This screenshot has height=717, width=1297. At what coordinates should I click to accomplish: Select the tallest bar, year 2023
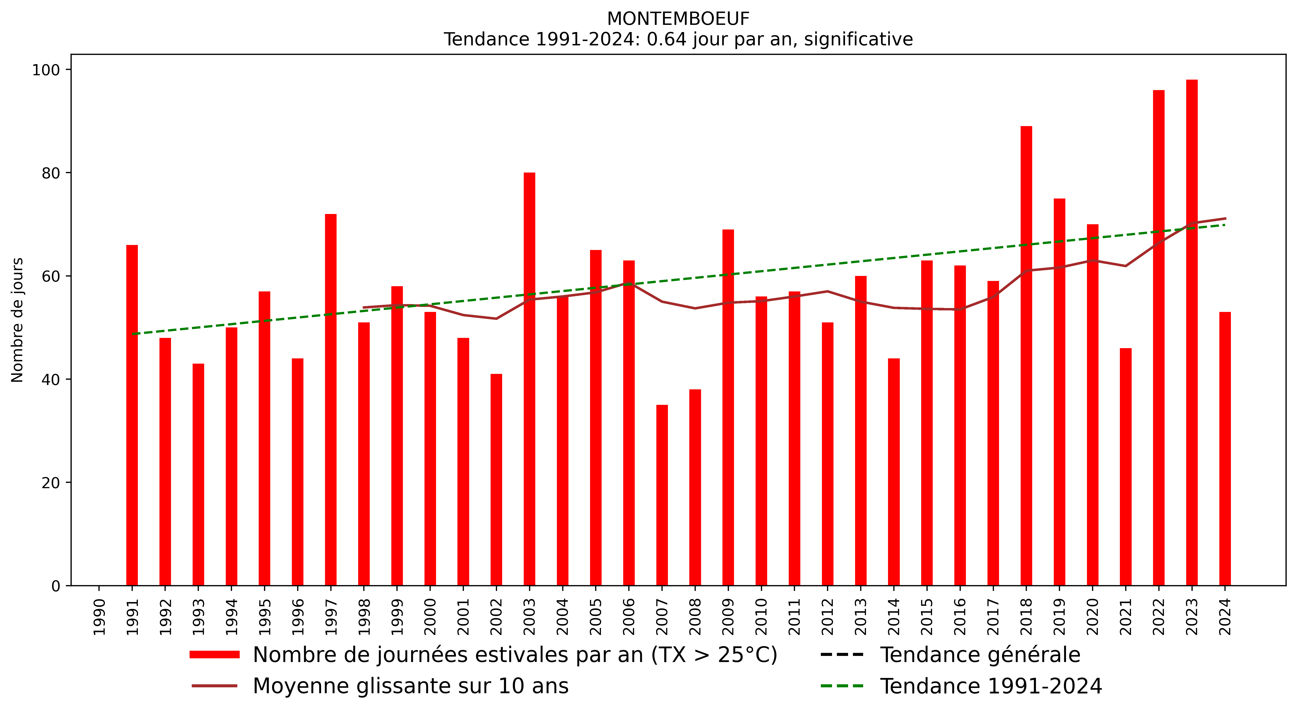1192,332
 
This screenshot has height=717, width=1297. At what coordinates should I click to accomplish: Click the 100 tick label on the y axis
46,70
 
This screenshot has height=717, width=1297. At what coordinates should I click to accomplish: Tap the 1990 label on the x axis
99,617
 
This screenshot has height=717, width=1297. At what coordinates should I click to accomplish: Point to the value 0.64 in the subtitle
666,39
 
